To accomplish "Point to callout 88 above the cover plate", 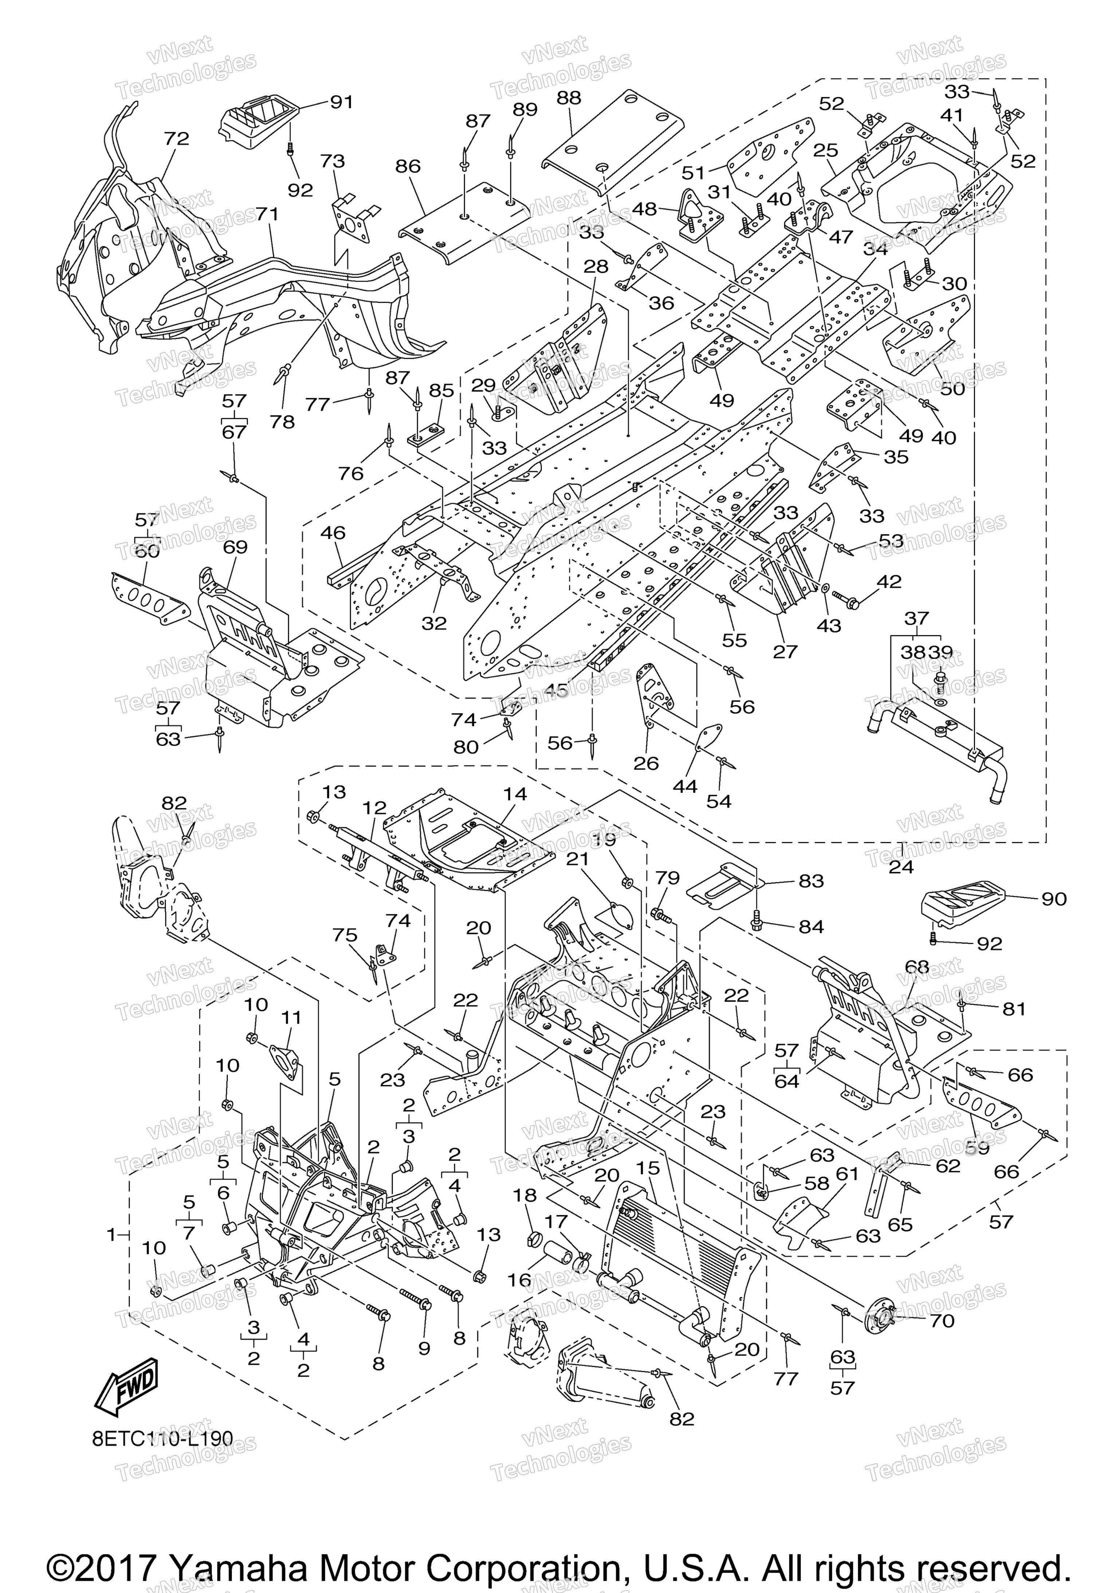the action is click(569, 98).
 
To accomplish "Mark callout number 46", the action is click(333, 533).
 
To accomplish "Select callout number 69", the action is click(235, 548).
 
